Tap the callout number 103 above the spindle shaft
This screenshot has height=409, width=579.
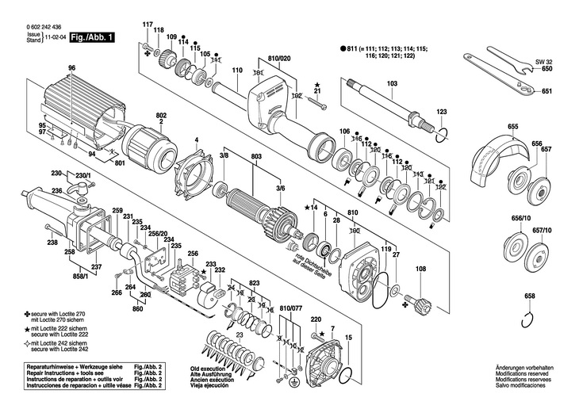point(392,84)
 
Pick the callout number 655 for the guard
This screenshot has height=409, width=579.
point(513,127)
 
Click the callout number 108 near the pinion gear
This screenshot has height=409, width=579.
point(420,269)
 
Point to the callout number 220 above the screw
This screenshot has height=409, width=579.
point(316,319)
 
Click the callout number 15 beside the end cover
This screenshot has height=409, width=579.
point(347,338)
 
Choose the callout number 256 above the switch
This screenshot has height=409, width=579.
point(192,254)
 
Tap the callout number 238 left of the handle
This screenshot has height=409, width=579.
point(52,243)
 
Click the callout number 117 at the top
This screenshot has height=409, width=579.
point(147,24)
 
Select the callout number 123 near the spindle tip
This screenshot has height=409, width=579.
point(442,112)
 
